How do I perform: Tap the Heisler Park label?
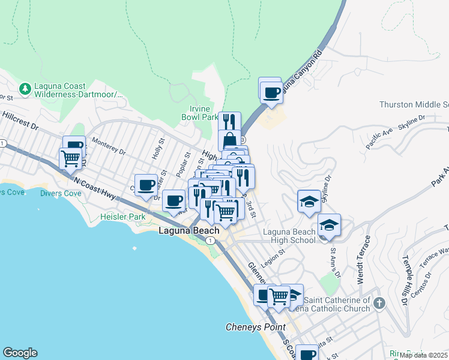[x=124, y=216]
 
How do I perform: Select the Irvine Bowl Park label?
[x=199, y=113]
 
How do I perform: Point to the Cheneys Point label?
[x=255, y=327]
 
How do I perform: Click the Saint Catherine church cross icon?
[x=379, y=303]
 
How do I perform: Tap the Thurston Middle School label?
[x=414, y=104]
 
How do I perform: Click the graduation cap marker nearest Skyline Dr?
[x=309, y=202]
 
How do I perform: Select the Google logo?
[x=20, y=353]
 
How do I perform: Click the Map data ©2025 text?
[x=423, y=355]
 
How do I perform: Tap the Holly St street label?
[x=159, y=148]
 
